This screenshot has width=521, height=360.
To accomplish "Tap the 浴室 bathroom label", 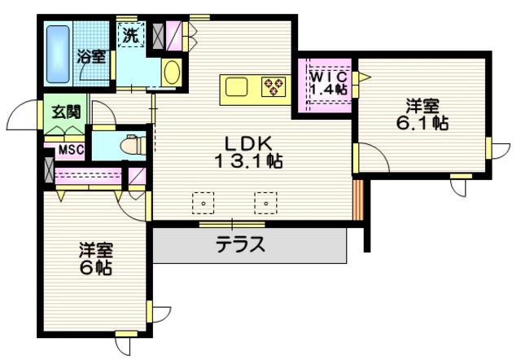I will click(x=91, y=56).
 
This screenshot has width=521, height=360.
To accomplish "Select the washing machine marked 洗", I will click(x=131, y=36).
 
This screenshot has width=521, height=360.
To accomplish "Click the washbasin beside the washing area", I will click(x=171, y=72).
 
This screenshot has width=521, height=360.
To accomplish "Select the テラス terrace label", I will click(x=240, y=244).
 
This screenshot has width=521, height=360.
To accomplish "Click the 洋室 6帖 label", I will click(x=96, y=258).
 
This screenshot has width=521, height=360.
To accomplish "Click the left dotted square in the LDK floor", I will click(x=201, y=200).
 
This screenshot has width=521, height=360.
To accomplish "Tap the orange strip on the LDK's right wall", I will click(x=356, y=198).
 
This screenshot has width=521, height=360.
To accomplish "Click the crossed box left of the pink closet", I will click(x=47, y=173).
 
